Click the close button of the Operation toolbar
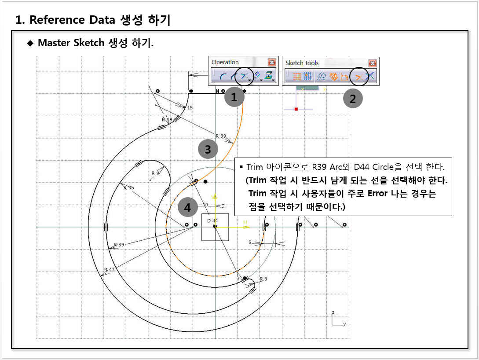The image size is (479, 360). tap(272, 62)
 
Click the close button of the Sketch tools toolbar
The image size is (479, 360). tap(373, 63)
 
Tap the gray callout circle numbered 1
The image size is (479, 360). tap(234, 97)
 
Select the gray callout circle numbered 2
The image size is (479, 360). tap(353, 99)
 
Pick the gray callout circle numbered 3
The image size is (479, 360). tap(208, 149)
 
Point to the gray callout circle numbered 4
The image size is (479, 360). tap(187, 207)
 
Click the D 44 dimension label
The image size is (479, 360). tap(212, 220)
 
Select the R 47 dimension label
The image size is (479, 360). tap(109, 269)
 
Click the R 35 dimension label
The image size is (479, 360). tap(128, 187)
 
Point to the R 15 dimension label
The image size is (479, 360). tap(187, 107)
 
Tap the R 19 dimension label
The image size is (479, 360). tap(167, 120)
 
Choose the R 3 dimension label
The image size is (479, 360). tap(263, 279)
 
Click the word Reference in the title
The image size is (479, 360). tap(57, 20)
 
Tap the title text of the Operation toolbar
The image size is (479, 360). tap(225, 62)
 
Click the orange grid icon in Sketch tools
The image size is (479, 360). tap(297, 76)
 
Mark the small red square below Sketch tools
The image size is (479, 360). tap(296, 109)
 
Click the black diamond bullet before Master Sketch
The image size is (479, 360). tap(30, 43)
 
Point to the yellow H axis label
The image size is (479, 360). tap(245, 222)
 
